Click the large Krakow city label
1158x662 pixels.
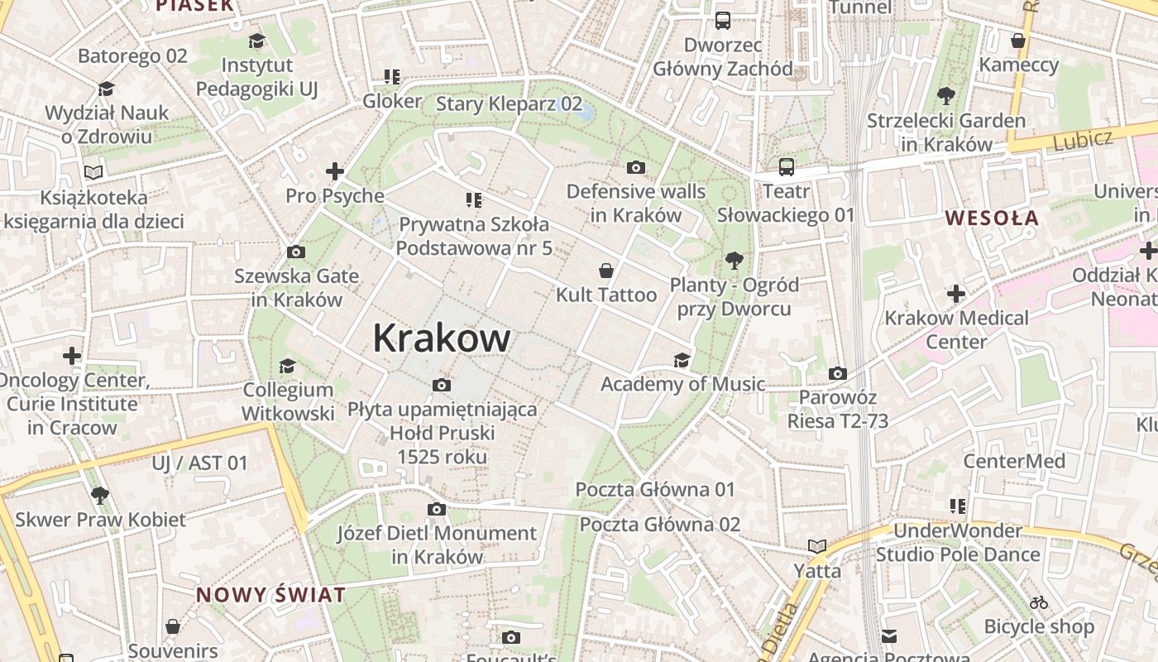point(442,338)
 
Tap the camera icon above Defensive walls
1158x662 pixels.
point(635,168)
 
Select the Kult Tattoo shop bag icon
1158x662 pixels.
point(606,271)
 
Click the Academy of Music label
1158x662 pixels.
point(682,384)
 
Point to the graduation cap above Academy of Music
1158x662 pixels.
point(682,360)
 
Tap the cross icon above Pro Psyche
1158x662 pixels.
point(335,171)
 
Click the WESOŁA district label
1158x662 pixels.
point(992,218)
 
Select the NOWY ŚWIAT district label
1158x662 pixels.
point(270,594)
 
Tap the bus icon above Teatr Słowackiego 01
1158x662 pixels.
point(786,167)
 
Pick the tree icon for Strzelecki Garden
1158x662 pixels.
point(946,96)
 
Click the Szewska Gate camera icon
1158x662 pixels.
point(295,252)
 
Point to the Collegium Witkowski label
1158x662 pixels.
point(288,401)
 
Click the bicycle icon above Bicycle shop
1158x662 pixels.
point(1039,602)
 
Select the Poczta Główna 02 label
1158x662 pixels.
point(659,525)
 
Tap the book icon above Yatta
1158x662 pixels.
point(817,546)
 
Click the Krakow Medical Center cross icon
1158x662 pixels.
point(956,294)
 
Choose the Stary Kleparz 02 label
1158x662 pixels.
point(509,103)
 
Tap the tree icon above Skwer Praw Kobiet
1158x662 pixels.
point(99,496)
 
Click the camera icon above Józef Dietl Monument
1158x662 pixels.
point(437,509)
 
